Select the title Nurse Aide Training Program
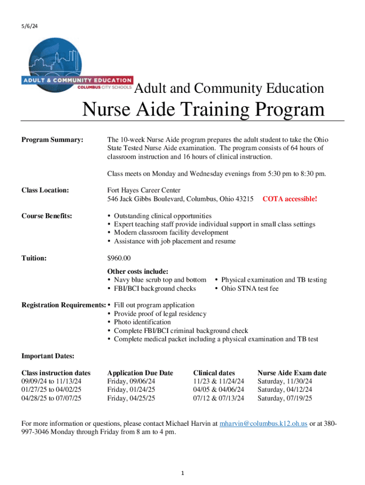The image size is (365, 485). [x=204, y=110]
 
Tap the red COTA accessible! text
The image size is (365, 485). [x=290, y=199]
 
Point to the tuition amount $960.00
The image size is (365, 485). [x=119, y=258]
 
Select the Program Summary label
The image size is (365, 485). [x=53, y=140]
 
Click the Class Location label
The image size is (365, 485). [x=46, y=190]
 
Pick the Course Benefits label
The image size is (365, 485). [x=47, y=216]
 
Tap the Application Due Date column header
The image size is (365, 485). [x=140, y=373]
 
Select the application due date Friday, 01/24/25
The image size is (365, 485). [x=131, y=389]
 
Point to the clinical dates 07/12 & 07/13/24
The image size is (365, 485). [x=219, y=398]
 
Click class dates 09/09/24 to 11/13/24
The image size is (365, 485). [x=52, y=381]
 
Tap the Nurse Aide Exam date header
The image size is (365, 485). [x=292, y=373]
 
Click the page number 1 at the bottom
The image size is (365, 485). [x=182, y=473]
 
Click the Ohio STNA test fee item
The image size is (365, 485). [x=250, y=288]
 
